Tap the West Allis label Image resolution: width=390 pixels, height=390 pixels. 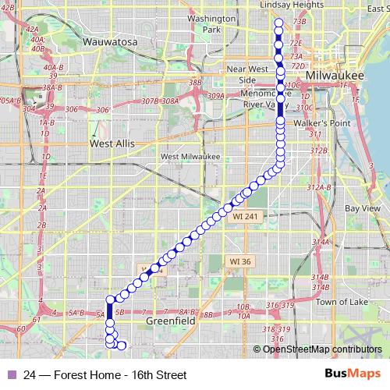pyautogui.click(x=112, y=144)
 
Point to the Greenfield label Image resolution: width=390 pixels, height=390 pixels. pyautogui.click(x=171, y=321)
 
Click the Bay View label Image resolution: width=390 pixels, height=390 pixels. pyautogui.click(x=362, y=208)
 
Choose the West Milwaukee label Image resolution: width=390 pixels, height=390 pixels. pyautogui.click(x=190, y=156)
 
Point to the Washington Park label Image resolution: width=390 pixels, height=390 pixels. pyautogui.click(x=211, y=23)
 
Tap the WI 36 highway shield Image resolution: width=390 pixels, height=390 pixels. pyautogui.click(x=240, y=261)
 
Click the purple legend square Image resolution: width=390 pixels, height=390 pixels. pyautogui.click(x=10, y=374)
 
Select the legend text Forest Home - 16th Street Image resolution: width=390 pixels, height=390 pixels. pyautogui.click(x=105, y=374)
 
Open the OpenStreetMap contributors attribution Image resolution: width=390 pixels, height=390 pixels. pyautogui.click(x=322, y=349)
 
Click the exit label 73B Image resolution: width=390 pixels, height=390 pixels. pyautogui.click(x=299, y=23)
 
